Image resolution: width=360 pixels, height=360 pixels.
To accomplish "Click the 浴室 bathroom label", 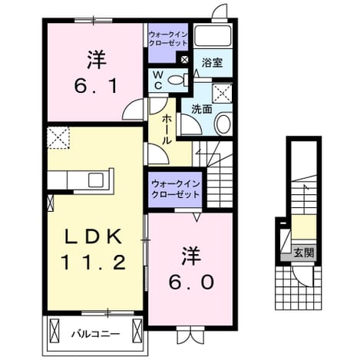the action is pyautogui.click(x=212, y=63).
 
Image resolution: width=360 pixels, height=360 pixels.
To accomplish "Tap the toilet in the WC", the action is pyautogui.click(x=178, y=80).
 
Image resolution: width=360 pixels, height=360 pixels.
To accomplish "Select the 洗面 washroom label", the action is pyautogui.click(x=202, y=109).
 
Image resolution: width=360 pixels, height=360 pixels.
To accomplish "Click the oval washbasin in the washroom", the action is pyautogui.click(x=223, y=124).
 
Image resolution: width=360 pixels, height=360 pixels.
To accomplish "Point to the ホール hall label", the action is pyautogui.click(x=167, y=130).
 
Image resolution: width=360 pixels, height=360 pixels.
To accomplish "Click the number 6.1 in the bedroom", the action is pyautogui.click(x=96, y=86).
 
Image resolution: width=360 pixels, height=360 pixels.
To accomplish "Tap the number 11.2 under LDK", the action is pyautogui.click(x=94, y=263).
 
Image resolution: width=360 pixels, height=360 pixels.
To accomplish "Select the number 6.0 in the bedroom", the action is pyautogui.click(x=191, y=282).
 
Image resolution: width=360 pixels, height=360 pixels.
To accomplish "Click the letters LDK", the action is pyautogui.click(x=94, y=236).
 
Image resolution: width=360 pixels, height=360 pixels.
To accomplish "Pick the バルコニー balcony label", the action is pyautogui.click(x=95, y=334).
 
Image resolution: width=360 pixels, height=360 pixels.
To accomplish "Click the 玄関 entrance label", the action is pyautogui.click(x=303, y=253).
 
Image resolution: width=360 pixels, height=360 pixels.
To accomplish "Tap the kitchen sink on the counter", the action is pyautogui.click(x=96, y=180).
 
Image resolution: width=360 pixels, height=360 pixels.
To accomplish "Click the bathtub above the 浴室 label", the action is pyautogui.click(x=213, y=35).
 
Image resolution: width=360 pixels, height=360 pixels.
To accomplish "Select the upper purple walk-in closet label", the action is pyautogui.click(x=168, y=38).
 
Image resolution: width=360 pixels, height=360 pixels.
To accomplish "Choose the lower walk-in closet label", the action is pyautogui.click(x=175, y=189).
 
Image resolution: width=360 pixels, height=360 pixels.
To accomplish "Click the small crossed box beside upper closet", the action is pyautogui.click(x=184, y=60).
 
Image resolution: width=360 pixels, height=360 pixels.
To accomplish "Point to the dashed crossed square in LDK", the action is pyautogui.click(x=58, y=137).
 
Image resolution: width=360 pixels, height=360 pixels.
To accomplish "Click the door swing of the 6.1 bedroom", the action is pyautogui.click(x=133, y=110).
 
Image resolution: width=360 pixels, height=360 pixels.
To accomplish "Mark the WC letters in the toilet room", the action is pyautogui.click(x=158, y=80).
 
